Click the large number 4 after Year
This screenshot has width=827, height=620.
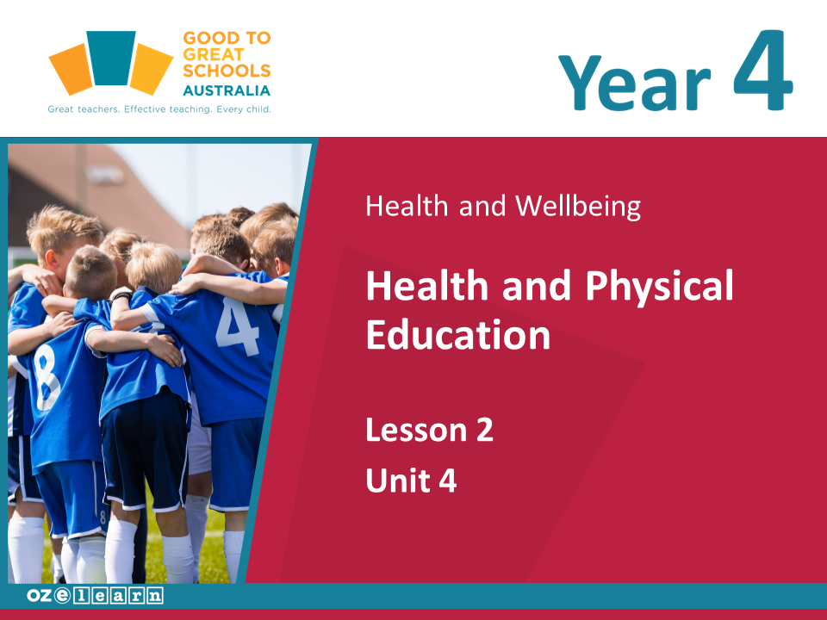(x=762, y=70)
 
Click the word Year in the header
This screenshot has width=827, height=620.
(x=634, y=83)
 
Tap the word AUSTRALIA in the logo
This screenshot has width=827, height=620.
(x=227, y=90)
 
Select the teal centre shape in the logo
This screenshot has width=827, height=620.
(x=111, y=58)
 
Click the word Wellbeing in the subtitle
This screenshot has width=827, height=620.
(x=578, y=206)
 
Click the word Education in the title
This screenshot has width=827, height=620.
(x=457, y=334)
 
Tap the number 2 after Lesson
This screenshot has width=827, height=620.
(x=485, y=430)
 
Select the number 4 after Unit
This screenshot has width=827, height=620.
(x=447, y=480)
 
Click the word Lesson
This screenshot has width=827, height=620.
(x=416, y=430)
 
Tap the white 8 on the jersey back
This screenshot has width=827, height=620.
(x=47, y=376)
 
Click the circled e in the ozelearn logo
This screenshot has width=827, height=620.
(x=62, y=595)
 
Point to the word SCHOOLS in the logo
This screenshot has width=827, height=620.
(x=227, y=71)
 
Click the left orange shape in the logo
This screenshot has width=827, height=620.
(x=71, y=69)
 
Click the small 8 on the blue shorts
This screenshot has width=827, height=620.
(x=103, y=518)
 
